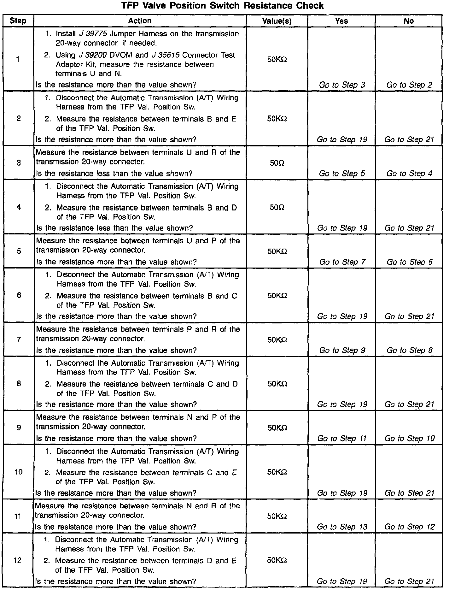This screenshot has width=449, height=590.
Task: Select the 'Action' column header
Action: [140, 21]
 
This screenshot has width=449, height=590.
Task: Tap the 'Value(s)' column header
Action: [277, 21]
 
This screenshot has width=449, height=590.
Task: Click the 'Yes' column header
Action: [341, 21]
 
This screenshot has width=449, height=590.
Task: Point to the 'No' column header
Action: [409, 21]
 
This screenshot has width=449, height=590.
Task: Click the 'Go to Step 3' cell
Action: [342, 85]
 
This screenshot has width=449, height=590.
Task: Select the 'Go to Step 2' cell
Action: [409, 85]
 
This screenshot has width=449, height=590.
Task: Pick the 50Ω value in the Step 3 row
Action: [277, 163]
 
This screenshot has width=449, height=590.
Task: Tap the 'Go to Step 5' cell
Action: [342, 174]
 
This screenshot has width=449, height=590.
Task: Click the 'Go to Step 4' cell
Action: [409, 174]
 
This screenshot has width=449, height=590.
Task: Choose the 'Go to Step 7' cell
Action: [342, 262]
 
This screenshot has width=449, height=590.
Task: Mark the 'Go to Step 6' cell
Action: [410, 262]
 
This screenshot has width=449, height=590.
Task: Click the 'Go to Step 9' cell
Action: [342, 350]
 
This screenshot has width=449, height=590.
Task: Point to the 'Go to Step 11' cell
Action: [342, 439]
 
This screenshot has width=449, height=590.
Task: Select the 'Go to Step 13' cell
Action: [342, 527]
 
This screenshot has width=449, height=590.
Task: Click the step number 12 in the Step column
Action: [18, 560]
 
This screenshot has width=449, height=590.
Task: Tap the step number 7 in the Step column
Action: [19, 340]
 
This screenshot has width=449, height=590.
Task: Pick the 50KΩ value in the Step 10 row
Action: [277, 472]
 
